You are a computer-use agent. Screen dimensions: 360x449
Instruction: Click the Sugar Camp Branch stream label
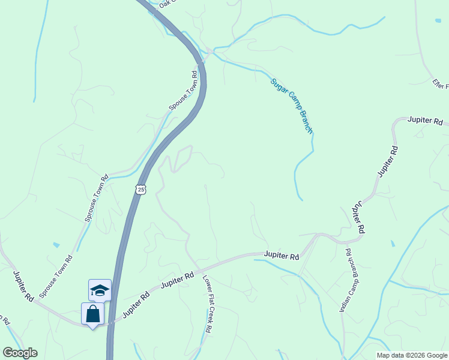click(292, 106)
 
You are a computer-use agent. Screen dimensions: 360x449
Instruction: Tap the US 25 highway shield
click(140, 190)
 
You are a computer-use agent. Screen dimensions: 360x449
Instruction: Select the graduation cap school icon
click(100, 291)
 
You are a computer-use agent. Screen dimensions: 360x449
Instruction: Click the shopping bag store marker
click(93, 314)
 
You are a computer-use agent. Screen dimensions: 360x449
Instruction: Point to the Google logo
click(20, 353)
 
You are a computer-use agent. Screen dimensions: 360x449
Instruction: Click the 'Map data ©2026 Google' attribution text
click(411, 355)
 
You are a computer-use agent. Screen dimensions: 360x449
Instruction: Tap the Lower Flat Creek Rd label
click(207, 304)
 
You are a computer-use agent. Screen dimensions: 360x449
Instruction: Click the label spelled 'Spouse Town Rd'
click(183, 91)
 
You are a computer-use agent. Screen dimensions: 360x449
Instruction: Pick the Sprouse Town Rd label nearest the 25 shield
click(96, 198)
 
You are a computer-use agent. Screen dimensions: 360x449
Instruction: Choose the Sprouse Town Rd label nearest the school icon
click(56, 277)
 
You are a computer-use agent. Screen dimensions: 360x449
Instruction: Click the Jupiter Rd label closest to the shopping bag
click(136, 304)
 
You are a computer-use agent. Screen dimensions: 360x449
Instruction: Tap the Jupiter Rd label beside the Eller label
click(425, 121)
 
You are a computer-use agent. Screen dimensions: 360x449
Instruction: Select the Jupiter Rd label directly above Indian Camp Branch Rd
click(358, 217)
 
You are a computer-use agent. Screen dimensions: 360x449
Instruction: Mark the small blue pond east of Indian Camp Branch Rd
click(393, 244)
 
